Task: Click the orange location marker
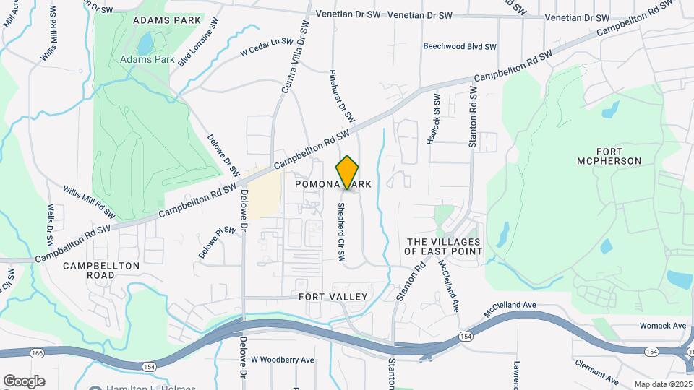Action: pos(348,172)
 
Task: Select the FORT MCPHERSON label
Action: pos(609,155)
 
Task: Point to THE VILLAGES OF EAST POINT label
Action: pos(443,246)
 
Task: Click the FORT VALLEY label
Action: pos(333,297)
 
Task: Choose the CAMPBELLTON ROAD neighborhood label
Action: pos(100,270)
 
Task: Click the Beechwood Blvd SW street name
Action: pos(460,46)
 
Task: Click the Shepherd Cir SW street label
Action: pos(340,232)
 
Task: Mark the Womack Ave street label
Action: pos(661,326)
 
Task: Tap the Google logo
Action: pos(24,381)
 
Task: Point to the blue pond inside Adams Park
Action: pos(145,44)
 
